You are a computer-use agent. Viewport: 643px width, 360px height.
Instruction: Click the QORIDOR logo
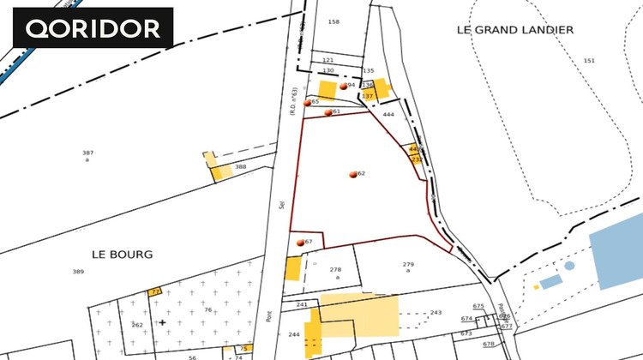pyautogui.click(x=93, y=27)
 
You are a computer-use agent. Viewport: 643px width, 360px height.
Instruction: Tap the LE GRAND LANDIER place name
pyautogui.click(x=514, y=29)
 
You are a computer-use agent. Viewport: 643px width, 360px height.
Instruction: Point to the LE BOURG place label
pyautogui.click(x=121, y=255)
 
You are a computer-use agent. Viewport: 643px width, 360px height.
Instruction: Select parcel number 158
pyautogui.click(x=334, y=21)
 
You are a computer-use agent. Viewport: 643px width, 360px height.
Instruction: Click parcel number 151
pyautogui.click(x=588, y=60)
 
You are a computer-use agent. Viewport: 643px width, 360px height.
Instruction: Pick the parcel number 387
pyautogui.click(x=87, y=153)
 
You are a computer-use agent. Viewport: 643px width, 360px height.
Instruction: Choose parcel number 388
pyautogui.click(x=241, y=166)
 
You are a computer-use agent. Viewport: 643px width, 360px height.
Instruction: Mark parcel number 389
pyautogui.click(x=78, y=272)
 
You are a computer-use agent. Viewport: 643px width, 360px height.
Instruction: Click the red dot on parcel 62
pyautogui.click(x=352, y=174)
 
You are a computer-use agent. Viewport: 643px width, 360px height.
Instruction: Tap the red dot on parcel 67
pyautogui.click(x=300, y=243)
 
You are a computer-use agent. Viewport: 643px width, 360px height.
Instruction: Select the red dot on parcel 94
pyautogui.click(x=343, y=87)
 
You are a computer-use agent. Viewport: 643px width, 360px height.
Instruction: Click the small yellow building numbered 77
pyautogui.click(x=155, y=292)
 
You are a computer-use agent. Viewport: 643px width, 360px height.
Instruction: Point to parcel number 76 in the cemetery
pyautogui.click(x=207, y=310)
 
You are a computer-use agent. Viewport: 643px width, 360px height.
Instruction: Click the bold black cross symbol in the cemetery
pyautogui.click(x=162, y=323)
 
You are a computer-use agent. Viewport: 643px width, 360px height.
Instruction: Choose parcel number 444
pyautogui.click(x=388, y=114)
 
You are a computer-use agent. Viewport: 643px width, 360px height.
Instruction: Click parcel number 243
pyautogui.click(x=436, y=312)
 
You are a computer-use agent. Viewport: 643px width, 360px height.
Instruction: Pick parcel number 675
pyautogui.click(x=478, y=306)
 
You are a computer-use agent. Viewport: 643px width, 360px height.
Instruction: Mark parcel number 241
pyautogui.click(x=301, y=305)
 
